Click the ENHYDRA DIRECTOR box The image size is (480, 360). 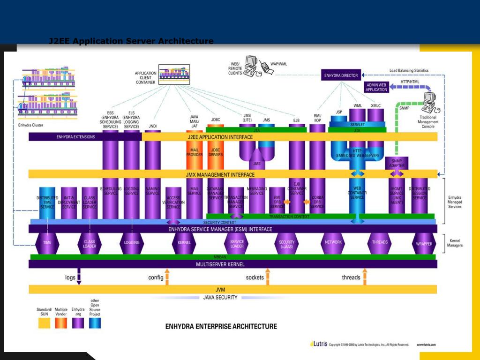pyautogui.click(x=341, y=75)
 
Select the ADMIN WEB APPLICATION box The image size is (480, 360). pyautogui.click(x=376, y=87)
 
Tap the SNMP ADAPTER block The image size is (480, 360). pyautogui.click(x=397, y=163)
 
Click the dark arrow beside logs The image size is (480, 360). pyautogui.click(x=79, y=276)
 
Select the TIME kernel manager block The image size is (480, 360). pyautogui.click(x=47, y=242)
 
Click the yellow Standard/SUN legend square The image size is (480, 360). pyautogui.click(x=44, y=323)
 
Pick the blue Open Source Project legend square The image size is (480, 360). pyautogui.click(x=95, y=323)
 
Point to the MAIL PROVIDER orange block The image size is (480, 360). pyautogui.click(x=195, y=152)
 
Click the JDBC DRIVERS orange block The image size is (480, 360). pyautogui.click(x=216, y=152)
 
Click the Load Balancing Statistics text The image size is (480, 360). pyautogui.click(x=409, y=71)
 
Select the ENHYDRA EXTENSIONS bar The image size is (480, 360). pyautogui.click(x=75, y=137)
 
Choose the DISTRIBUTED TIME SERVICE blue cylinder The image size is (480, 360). pyautogui.click(x=47, y=202)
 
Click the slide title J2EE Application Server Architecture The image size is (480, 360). pyautogui.click(x=131, y=41)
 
